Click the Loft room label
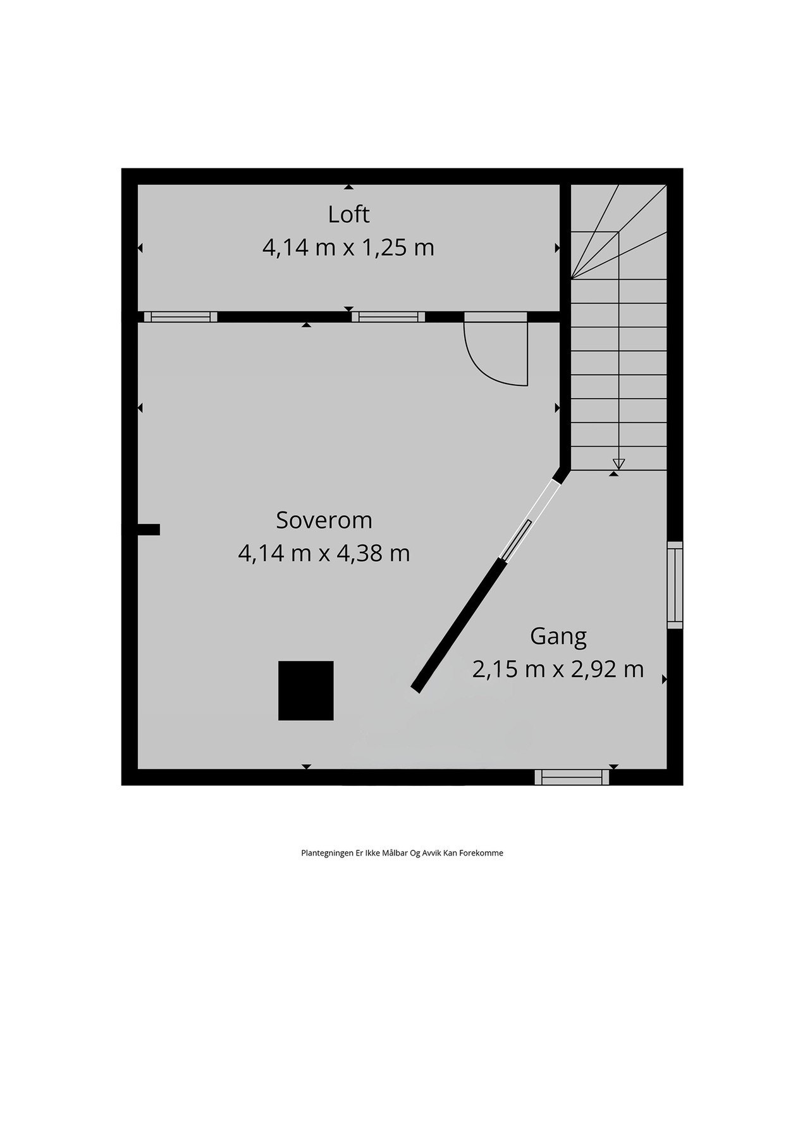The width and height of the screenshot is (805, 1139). tap(348, 215)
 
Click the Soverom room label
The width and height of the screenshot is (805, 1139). tap(324, 520)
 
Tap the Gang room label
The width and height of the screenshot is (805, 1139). tap(558, 636)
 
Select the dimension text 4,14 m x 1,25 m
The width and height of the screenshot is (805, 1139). tap(348, 247)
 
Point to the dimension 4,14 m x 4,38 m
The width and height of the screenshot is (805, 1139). tap(324, 554)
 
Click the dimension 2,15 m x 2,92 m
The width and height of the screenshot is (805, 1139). tap(558, 669)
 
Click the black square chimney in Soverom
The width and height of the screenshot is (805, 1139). tap(306, 690)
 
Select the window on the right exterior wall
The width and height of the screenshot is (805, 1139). tap(675, 585)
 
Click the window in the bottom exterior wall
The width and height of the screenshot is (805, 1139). tap(572, 777)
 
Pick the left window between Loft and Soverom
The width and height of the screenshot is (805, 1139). tap(181, 317)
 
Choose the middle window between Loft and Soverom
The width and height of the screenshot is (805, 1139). tap(388, 317)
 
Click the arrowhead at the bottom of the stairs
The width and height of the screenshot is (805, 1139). tap(618, 464)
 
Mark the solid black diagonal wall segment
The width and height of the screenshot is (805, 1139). tap(458, 626)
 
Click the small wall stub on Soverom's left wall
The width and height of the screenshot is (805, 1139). tap(149, 530)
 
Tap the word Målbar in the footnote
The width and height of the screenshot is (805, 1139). tap(395, 853)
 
